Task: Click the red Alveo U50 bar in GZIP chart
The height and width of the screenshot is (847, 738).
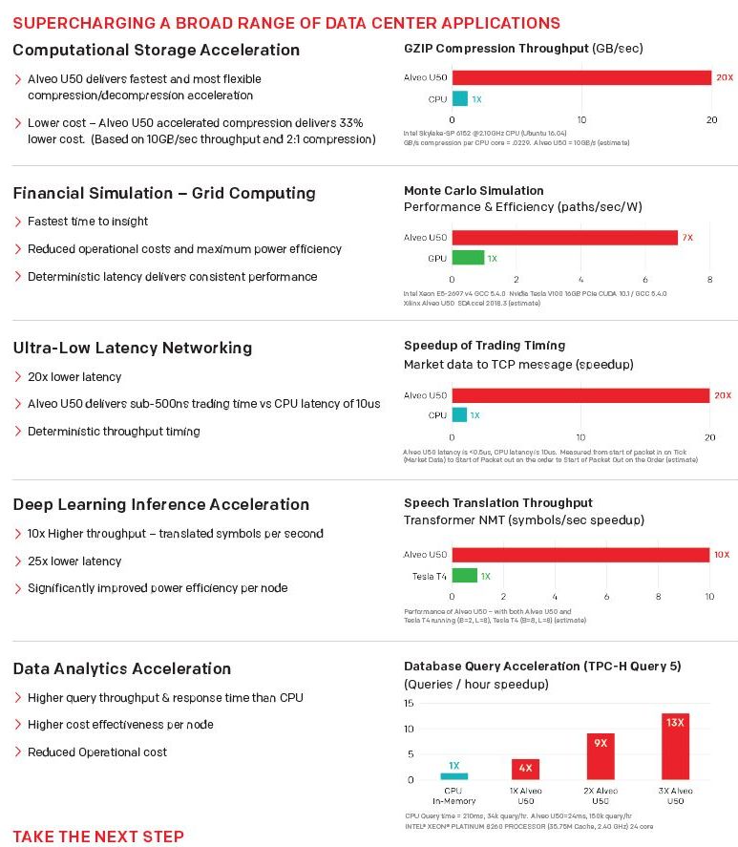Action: tap(580, 77)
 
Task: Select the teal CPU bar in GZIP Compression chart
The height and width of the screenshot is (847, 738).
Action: tap(459, 98)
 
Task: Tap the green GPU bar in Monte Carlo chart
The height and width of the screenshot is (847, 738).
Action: tap(467, 258)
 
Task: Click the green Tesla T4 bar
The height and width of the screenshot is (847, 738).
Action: tap(464, 576)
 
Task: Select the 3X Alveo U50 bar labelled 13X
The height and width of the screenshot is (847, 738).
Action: tap(675, 746)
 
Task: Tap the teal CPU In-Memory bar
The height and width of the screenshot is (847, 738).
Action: tap(453, 775)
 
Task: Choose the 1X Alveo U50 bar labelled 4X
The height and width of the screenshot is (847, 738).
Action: tap(526, 769)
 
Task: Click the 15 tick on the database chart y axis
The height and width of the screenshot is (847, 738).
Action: tap(409, 704)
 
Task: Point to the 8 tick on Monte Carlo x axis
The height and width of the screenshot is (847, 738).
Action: tap(709, 279)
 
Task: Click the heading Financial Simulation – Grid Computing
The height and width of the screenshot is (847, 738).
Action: tap(164, 193)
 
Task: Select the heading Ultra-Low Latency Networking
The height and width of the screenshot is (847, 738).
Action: tap(133, 348)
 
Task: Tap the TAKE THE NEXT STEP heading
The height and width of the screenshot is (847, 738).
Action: tap(98, 836)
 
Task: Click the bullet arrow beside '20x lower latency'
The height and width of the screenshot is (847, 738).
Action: tap(18, 377)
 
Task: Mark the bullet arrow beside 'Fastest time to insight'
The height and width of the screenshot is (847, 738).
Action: tap(18, 222)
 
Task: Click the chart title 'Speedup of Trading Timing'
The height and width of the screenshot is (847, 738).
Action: tap(484, 346)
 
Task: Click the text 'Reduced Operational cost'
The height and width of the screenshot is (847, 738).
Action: tap(97, 752)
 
